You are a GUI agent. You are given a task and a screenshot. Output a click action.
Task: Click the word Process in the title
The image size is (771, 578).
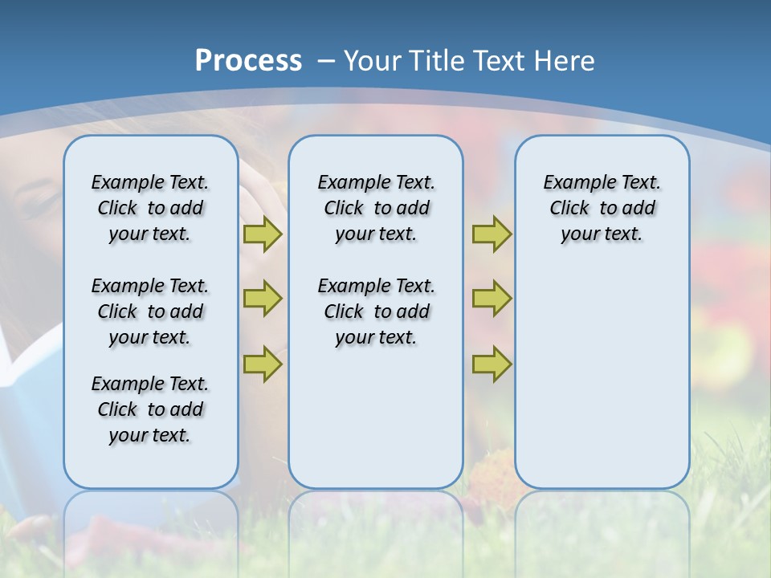(x=248, y=60)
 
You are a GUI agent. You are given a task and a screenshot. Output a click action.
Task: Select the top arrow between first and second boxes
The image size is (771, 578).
(x=263, y=234)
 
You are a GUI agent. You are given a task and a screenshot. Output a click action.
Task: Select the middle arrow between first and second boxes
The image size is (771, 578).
(x=263, y=299)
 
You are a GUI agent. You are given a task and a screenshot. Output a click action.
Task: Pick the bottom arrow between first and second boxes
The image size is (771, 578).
(x=263, y=364)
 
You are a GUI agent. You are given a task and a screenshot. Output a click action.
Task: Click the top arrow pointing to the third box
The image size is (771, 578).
(x=492, y=234)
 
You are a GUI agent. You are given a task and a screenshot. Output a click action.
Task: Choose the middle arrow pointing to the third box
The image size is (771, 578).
(x=492, y=299)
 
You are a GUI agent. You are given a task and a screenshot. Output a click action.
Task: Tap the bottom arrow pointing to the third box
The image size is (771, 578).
(x=492, y=364)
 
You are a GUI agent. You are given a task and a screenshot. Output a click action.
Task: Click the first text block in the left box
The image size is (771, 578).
(x=150, y=208)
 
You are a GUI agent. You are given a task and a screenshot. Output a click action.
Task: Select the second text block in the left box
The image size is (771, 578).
(x=150, y=311)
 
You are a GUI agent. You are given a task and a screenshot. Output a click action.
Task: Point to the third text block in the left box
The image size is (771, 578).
(x=150, y=409)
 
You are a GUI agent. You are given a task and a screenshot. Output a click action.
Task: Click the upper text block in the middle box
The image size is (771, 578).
(x=376, y=208)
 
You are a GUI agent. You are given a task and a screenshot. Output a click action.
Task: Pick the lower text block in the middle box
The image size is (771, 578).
(x=376, y=311)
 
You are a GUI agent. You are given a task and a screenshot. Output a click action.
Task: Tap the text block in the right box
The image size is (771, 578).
(x=602, y=208)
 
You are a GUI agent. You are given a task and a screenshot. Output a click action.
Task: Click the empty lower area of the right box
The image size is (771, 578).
(x=602, y=377)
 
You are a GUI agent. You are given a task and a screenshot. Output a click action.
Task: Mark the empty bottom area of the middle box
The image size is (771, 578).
(x=376, y=425)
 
